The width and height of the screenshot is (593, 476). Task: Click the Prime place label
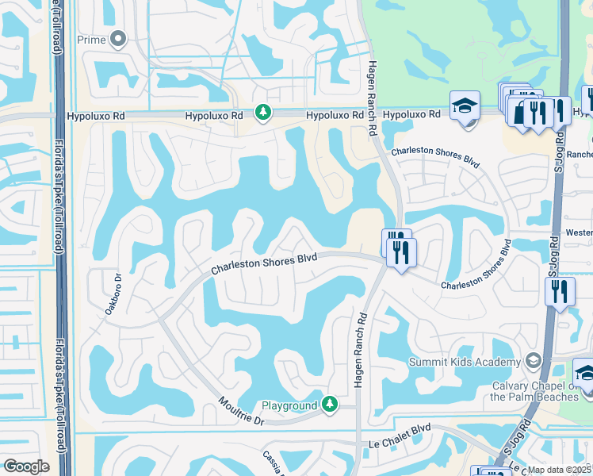point(91,38)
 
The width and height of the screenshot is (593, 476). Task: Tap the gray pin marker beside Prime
point(119,38)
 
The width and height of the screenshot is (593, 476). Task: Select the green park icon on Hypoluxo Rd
point(262,113)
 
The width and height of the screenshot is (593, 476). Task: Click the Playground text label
point(289,406)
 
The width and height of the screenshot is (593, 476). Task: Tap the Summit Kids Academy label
point(465,362)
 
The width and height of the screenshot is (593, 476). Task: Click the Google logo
point(26,466)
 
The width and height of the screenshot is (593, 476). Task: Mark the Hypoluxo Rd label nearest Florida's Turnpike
point(96,116)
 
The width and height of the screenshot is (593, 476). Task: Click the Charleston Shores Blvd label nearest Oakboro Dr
point(264,264)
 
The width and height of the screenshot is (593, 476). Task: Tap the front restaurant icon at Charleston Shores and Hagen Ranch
point(401,253)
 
